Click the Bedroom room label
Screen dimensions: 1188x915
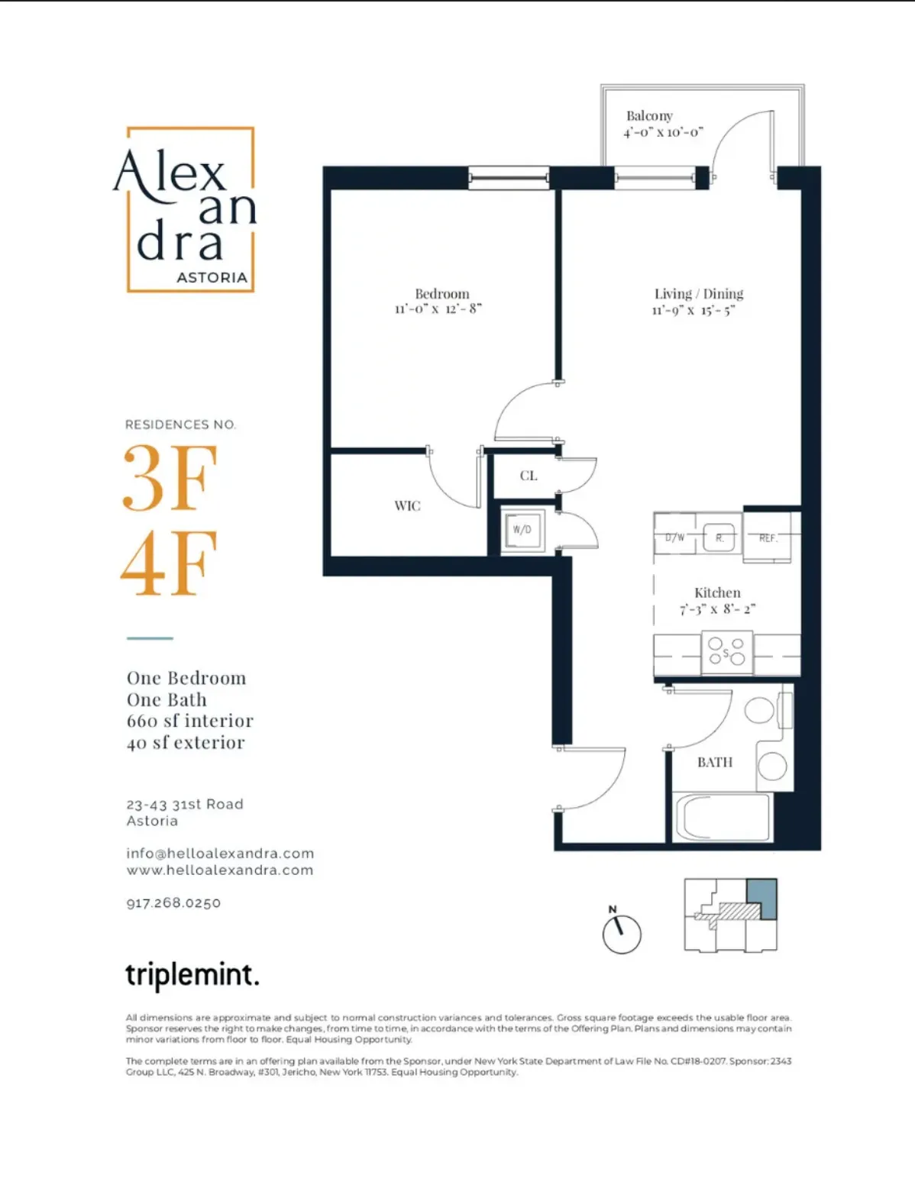tap(441, 294)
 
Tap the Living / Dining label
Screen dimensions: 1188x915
tap(698, 294)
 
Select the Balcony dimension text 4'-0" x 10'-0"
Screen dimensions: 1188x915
tap(663, 133)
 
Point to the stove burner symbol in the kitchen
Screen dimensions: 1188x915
tap(726, 654)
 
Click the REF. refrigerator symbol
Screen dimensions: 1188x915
tap(768, 538)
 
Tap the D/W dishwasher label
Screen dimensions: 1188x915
tap(674, 538)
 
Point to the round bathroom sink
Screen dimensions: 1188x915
tap(772, 766)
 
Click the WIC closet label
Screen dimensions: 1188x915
tap(407, 505)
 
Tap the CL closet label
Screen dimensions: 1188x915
tap(529, 476)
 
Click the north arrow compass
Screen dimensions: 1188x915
tap(622, 933)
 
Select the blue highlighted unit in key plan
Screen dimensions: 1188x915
tap(761, 898)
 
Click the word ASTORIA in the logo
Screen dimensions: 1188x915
tap(212, 278)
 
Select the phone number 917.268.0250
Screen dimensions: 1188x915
tap(173, 903)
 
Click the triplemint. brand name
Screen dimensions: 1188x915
tap(192, 975)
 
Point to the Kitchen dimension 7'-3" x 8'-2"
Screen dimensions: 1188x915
tap(717, 609)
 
